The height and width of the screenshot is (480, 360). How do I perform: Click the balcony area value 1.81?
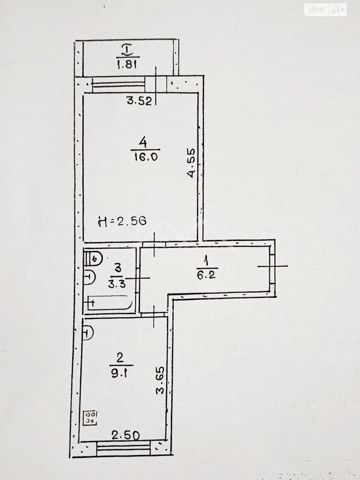pyautogui.click(x=127, y=64)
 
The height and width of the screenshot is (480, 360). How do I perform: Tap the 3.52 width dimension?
pyautogui.click(x=139, y=101)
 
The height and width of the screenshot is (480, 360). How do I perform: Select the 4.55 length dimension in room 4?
pyautogui.click(x=191, y=163)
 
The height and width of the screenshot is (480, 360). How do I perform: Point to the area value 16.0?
pyautogui.click(x=145, y=157)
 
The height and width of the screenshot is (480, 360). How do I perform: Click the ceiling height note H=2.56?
pyautogui.click(x=122, y=221)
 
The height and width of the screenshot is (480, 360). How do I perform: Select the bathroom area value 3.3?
pyautogui.click(x=117, y=284)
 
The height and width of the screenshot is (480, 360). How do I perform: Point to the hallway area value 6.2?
pyautogui.click(x=206, y=275)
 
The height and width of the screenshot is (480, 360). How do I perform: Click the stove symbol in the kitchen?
pyautogui.click(x=90, y=418)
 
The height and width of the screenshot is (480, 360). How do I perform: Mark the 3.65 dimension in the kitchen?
pyautogui.click(x=160, y=381)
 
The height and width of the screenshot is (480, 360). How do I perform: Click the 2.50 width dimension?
pyautogui.click(x=126, y=435)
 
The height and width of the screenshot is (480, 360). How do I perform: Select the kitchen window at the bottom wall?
pyautogui.click(x=123, y=447)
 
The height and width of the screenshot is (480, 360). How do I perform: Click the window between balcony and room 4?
pyautogui.click(x=118, y=84)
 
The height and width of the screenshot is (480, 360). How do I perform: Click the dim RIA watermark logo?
pyautogui.click(x=325, y=10)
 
